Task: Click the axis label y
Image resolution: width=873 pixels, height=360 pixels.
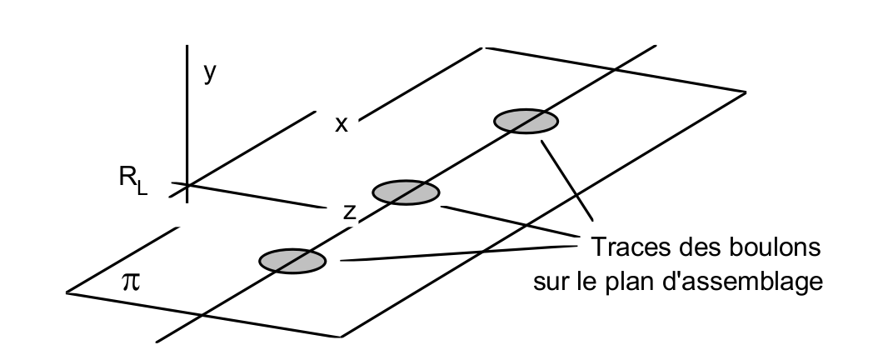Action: [210, 74]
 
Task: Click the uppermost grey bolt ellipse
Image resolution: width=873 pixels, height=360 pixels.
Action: [526, 121]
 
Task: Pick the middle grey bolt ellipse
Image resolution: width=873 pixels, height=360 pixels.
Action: [406, 192]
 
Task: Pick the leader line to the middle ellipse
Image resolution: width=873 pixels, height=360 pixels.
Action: [508, 222]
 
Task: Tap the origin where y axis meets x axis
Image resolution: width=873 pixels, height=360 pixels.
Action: [186, 185]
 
